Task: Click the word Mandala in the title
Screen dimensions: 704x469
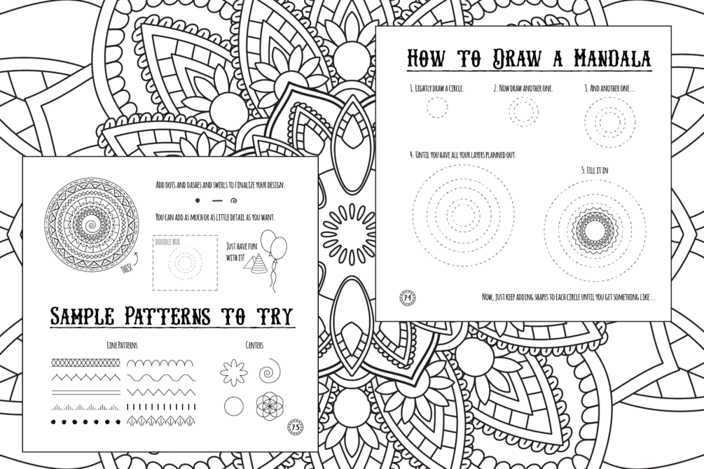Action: pos(612,59)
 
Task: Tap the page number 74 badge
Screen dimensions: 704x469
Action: pos(408,297)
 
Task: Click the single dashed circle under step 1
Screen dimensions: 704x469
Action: pos(437,108)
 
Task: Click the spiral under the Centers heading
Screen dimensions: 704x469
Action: pos(269,371)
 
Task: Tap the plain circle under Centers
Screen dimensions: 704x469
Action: pos(233,407)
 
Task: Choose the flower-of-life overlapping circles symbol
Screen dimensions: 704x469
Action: pos(268,407)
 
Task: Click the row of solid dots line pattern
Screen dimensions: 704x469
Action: pos(85,421)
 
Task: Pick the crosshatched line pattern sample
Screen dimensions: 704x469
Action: pos(85,362)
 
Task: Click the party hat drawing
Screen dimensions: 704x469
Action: pos(254,262)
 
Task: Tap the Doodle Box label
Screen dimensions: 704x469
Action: pos(167,241)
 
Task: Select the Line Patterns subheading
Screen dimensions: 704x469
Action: pos(122,345)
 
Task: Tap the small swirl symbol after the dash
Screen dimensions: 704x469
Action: pos(233,201)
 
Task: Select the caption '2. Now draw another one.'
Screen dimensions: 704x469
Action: pos(523,89)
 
